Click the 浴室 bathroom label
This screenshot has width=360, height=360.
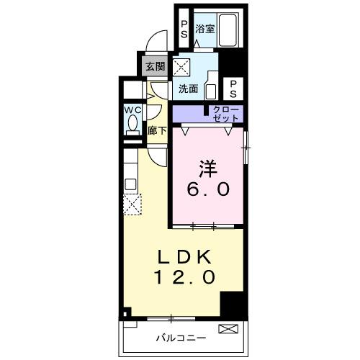(x=205, y=30)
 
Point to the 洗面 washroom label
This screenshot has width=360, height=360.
(x=189, y=90)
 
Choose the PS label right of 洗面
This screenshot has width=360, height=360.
(x=234, y=89)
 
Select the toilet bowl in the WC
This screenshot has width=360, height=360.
(x=132, y=125)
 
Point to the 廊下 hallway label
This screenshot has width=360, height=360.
(x=157, y=131)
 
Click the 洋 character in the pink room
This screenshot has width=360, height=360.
(x=207, y=167)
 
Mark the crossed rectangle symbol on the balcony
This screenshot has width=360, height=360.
(x=228, y=329)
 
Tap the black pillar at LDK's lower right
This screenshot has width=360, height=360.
(x=233, y=307)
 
